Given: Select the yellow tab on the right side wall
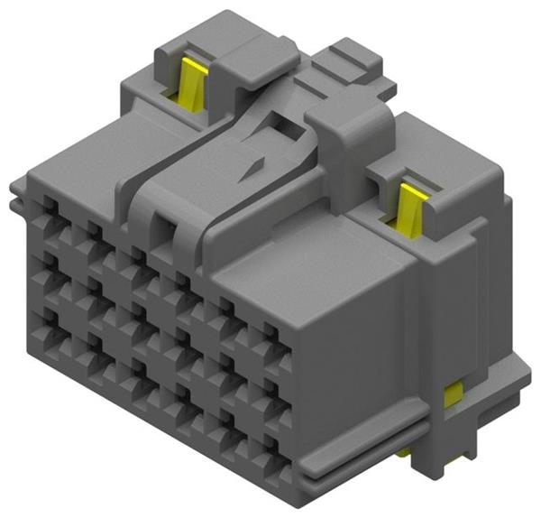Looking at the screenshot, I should (x=454, y=393).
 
